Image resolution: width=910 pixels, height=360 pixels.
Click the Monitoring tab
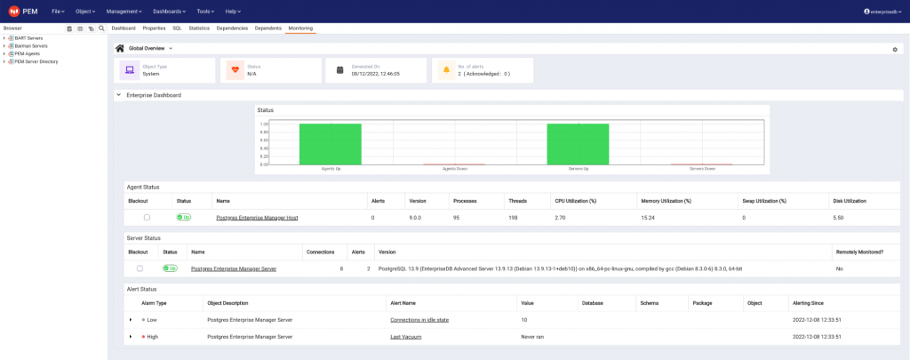point(299,28)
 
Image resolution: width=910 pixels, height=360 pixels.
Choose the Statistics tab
point(199,28)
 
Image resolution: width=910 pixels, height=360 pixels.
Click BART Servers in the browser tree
point(28,38)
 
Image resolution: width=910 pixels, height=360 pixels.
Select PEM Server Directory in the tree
point(36,61)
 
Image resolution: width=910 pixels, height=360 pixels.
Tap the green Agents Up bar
point(330,144)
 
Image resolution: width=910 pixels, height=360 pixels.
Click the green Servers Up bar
point(578,144)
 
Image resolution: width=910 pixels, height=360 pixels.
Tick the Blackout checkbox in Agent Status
point(147,217)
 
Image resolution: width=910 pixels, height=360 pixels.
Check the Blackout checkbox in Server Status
point(140,268)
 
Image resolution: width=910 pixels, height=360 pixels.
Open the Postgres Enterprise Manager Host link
point(257,217)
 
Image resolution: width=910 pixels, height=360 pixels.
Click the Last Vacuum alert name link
point(406,337)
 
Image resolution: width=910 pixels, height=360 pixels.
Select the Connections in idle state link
point(419,319)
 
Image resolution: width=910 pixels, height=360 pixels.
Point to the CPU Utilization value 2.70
point(561,217)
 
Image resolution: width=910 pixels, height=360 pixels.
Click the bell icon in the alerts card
point(447,70)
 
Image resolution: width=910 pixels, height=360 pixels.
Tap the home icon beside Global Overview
point(120,48)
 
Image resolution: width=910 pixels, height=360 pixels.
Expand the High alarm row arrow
point(130,337)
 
